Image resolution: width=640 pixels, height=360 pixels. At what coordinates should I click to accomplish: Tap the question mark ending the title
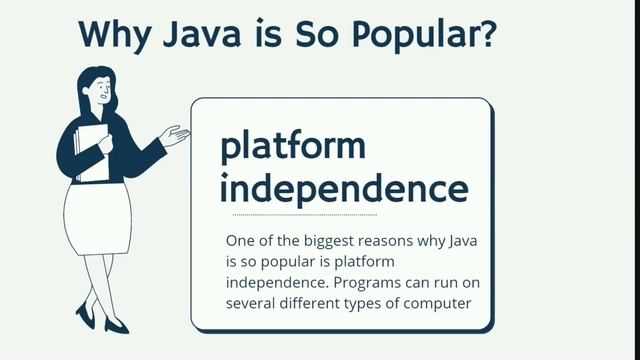[x=485, y=33]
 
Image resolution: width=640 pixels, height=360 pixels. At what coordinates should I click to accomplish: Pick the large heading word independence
[x=343, y=188]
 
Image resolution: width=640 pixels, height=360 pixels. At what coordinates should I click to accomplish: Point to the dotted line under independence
[x=304, y=215]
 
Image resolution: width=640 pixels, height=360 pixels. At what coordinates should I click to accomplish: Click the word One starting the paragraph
[x=240, y=242]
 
